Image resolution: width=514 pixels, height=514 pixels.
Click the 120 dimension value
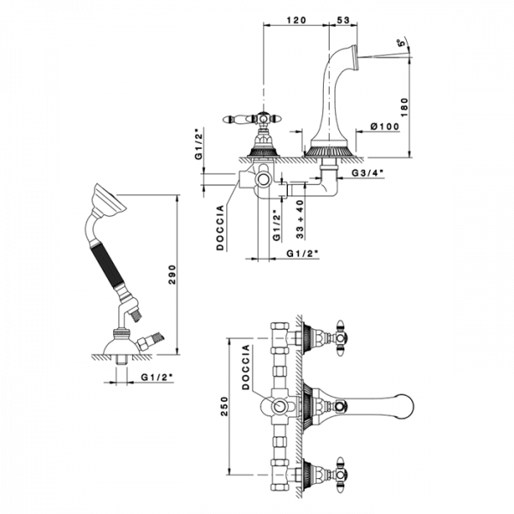tap(296, 20)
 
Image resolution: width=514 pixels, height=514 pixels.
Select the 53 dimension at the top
tap(343, 20)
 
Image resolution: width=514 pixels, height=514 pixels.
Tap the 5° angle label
tap(401, 43)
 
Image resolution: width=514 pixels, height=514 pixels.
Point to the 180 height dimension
tap(404, 107)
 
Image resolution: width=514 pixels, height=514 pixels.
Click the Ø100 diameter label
tap(385, 126)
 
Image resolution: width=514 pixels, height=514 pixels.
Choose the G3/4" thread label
tap(368, 173)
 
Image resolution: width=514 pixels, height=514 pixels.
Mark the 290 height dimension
tap(172, 275)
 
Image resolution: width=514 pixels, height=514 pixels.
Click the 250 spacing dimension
tap(224, 406)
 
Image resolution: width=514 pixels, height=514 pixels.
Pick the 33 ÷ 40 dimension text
tap(300, 219)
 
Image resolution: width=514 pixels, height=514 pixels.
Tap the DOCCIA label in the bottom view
tap(246, 368)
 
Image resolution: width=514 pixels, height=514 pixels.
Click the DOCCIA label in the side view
tap(220, 228)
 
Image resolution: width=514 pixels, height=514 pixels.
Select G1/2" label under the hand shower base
tap(157, 377)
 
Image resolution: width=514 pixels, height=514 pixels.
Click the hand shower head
tap(109, 200)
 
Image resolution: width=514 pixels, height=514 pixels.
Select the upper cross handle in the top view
tap(341, 338)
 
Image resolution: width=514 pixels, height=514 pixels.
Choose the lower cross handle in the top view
tap(341, 474)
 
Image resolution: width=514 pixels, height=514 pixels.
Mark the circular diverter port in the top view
tap(279, 406)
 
